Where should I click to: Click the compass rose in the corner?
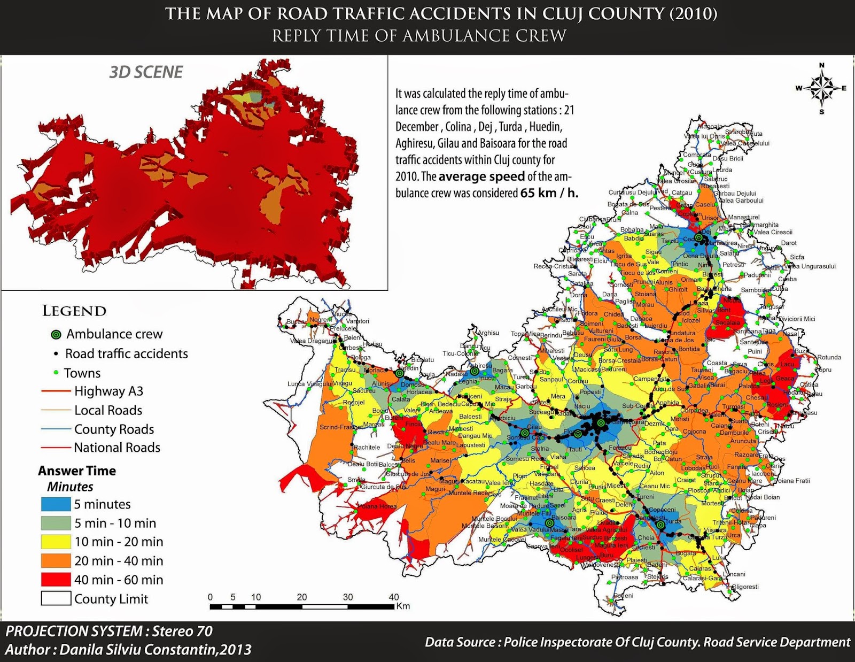coord(822,88)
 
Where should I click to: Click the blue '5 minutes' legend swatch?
coord(56,504)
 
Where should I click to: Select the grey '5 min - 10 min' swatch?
coord(56,523)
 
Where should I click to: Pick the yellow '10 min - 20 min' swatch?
coord(56,542)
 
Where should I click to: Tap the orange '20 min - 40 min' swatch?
coord(56,560)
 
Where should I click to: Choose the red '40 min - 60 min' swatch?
coord(56,580)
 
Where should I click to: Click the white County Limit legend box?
coord(56,598)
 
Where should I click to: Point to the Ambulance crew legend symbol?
coord(56,335)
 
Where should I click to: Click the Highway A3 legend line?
coord(56,391)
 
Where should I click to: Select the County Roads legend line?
coord(56,429)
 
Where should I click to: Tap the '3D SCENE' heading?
coord(146,72)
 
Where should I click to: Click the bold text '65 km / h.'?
coord(549,193)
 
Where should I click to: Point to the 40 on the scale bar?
coord(394,597)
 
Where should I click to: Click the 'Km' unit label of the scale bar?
coord(403,606)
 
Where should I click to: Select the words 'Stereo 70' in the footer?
coord(182,631)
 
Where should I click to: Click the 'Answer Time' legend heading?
coord(77,471)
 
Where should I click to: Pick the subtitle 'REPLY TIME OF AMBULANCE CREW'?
coord(419,36)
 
